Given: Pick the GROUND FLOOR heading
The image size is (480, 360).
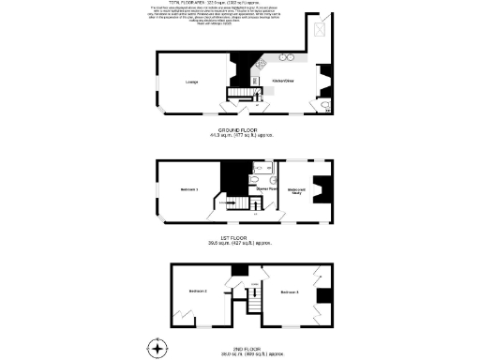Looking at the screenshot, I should [x=239, y=129].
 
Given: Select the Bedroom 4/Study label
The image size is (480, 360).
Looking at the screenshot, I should [x=297, y=191].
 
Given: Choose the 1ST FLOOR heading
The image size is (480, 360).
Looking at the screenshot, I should [x=239, y=238].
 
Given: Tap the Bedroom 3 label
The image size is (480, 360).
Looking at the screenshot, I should [x=289, y=292].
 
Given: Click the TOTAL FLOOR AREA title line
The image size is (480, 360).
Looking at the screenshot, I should [x=239, y=4].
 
